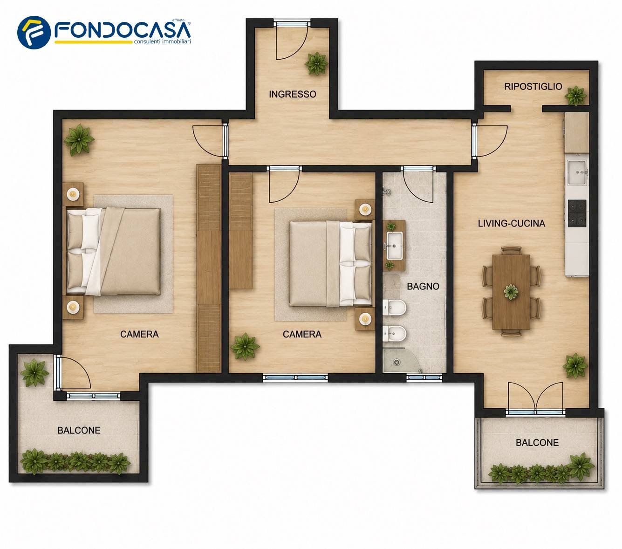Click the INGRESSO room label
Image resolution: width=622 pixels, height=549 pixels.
tap(292, 94)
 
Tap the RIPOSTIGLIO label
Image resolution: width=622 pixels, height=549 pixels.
tap(533, 87)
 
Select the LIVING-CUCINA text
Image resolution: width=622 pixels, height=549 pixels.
tap(511, 223)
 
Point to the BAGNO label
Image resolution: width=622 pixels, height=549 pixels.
tap(423, 286)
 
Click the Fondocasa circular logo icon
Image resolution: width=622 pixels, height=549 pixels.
tap(34, 33)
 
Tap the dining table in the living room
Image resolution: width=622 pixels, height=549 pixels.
tap(511, 292)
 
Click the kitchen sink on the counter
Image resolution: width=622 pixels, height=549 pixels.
tap(577, 172)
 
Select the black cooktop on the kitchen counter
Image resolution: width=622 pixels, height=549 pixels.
tap(577, 213)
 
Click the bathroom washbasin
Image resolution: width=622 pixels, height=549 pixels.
tap(394, 246)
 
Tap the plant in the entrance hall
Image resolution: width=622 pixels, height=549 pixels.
tap(316, 63)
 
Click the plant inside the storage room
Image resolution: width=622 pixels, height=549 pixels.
tap(576, 96)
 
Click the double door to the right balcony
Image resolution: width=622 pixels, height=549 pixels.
tap(535, 397)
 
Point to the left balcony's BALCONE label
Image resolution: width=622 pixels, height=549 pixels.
tap(79, 430)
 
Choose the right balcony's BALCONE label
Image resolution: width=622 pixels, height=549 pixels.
tap(537, 442)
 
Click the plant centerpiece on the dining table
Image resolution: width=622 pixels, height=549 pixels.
tap(511, 292)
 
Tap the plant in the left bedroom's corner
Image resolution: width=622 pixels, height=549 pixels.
tap(79, 140)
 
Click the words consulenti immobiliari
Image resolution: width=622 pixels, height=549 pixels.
tap(162, 41)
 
